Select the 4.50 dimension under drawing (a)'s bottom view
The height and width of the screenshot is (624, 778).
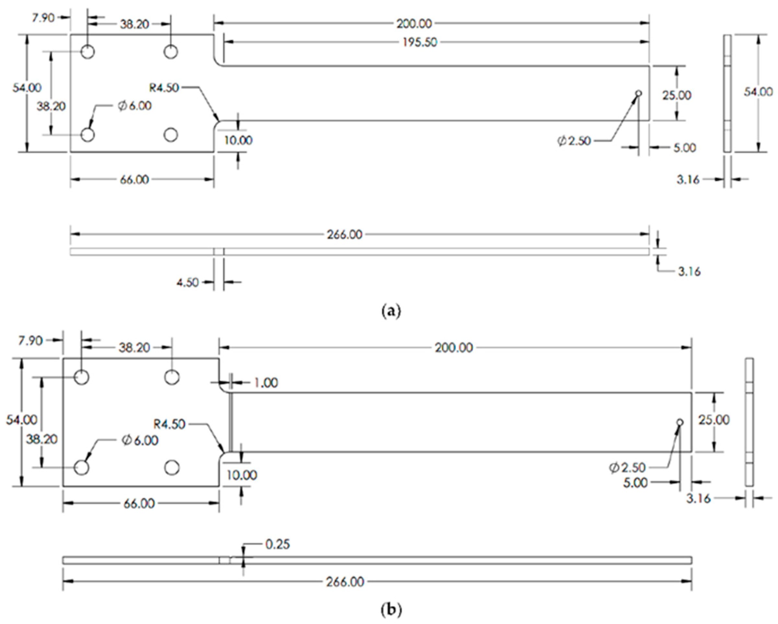pyautogui.click(x=187, y=282)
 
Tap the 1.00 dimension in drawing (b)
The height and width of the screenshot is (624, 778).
pyautogui.click(x=266, y=383)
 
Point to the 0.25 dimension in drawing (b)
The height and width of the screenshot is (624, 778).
pyautogui.click(x=278, y=544)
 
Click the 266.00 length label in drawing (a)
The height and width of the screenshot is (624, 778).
pyautogui.click(x=344, y=235)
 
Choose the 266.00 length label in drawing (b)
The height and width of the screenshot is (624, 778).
pyautogui.click(x=345, y=582)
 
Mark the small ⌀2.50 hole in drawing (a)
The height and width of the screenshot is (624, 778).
pyautogui.click(x=638, y=93)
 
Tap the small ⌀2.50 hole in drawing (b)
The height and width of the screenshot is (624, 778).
pyautogui.click(x=680, y=422)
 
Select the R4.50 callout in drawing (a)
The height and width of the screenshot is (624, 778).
pyautogui.click(x=164, y=87)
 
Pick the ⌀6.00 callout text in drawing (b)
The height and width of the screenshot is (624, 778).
pyautogui.click(x=140, y=440)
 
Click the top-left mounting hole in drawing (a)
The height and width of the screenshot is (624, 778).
pyautogui.click(x=88, y=52)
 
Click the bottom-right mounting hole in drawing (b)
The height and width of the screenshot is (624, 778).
pyautogui.click(x=172, y=468)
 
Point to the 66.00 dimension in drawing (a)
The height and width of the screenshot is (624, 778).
pyautogui.click(x=134, y=180)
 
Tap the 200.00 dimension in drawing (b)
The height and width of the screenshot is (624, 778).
pyautogui.click(x=453, y=348)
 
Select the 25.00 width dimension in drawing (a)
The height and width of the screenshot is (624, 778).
pyautogui.click(x=677, y=95)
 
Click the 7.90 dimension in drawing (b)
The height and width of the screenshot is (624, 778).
pyautogui.click(x=30, y=340)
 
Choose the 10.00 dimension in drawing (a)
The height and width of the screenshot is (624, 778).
pyautogui.click(x=238, y=140)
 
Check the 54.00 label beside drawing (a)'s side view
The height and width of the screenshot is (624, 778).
pyautogui.click(x=758, y=92)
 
